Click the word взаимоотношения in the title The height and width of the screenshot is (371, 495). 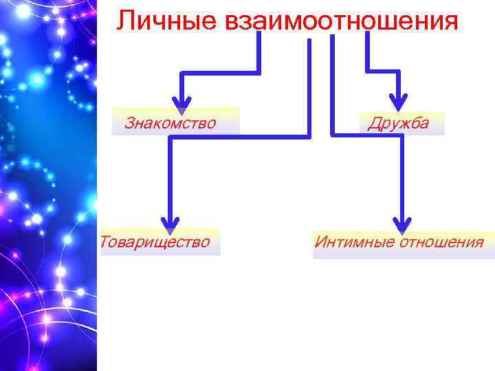[341, 21]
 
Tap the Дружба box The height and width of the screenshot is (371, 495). [399, 123]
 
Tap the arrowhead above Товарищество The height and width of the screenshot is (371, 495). [170, 223]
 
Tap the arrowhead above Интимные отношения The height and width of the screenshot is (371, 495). [403, 223]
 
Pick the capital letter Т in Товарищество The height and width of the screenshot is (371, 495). [104, 242]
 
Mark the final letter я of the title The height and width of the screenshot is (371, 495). [450, 22]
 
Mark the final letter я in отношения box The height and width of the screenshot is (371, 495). [479, 243]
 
